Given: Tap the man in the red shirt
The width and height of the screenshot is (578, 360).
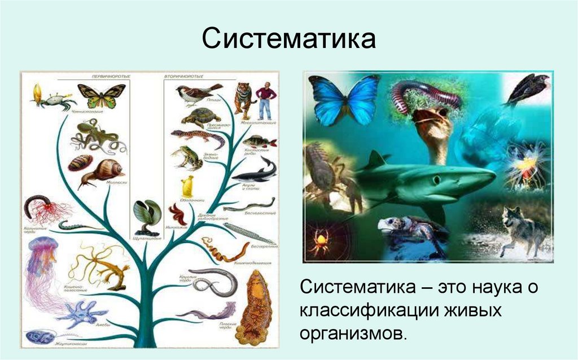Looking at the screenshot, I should coord(265,99).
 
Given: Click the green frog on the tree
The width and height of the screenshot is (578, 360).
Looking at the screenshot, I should coord(186,158).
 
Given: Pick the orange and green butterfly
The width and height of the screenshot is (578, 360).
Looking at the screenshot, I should coord(101,94).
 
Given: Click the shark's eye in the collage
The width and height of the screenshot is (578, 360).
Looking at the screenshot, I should coord(435,179).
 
